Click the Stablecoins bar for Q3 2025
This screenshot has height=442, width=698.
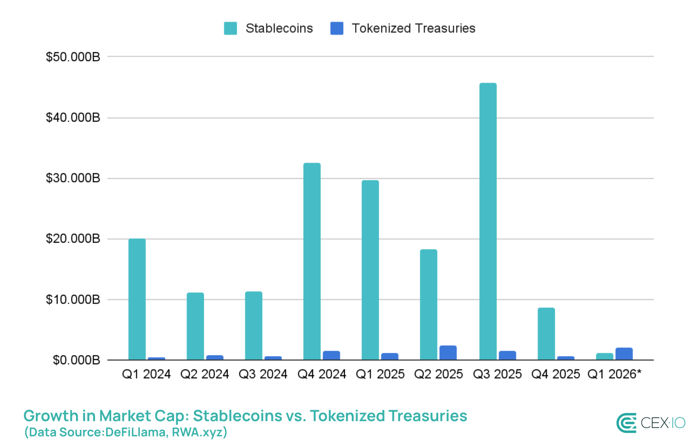click(488, 222)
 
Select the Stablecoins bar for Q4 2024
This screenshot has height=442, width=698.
click(312, 261)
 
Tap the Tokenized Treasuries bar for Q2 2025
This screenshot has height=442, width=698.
click(448, 353)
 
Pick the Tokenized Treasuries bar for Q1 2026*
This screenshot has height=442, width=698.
click(624, 354)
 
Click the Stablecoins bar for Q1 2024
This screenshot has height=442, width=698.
click(137, 299)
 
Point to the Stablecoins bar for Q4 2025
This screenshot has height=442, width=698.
click(546, 334)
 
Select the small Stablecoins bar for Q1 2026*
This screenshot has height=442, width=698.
click(604, 356)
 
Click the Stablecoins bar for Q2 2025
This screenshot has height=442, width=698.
click(428, 305)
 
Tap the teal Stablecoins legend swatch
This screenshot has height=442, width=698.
click(230, 28)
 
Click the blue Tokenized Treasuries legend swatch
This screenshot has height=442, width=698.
click(337, 28)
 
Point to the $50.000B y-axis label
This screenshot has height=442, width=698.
click(73, 57)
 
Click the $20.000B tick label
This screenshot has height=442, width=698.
click(73, 239)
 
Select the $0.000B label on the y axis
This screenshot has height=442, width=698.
click(76, 360)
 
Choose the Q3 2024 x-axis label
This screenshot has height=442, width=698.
click(263, 374)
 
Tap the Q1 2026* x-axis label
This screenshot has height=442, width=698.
click(614, 374)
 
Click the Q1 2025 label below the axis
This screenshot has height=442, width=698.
click(380, 374)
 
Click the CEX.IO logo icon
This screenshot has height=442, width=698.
click(626, 423)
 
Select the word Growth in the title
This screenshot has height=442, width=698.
click(51, 416)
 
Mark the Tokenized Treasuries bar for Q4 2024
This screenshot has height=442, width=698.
click(331, 355)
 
